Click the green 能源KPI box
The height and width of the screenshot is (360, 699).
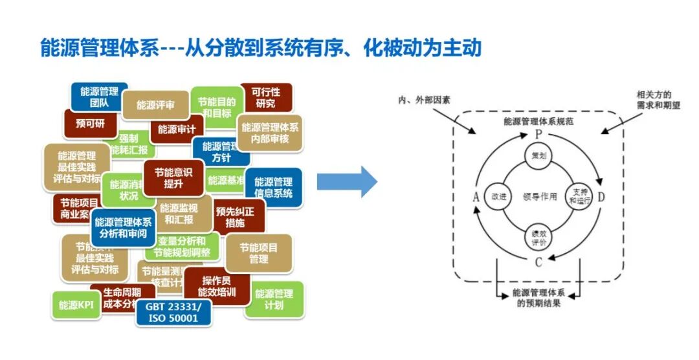pyautogui.click(x=76, y=305)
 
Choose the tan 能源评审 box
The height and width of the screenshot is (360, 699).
pyautogui.click(x=155, y=105)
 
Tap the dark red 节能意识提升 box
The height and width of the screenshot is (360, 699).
pyautogui.click(x=173, y=177)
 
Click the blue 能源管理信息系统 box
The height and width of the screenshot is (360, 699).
pyautogui.click(x=273, y=188)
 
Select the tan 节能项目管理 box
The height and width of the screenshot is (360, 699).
pyautogui.click(x=258, y=253)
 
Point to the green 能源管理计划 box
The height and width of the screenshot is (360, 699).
pyautogui.click(x=274, y=299)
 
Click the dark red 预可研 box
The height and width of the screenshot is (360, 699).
pyautogui.click(x=89, y=123)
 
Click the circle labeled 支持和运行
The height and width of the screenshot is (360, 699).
pyautogui.click(x=578, y=196)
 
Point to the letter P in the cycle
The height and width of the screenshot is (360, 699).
pyautogui.click(x=538, y=133)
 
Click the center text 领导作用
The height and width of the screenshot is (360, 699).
pyautogui.click(x=539, y=197)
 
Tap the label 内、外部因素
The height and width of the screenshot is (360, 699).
pyautogui.click(x=424, y=100)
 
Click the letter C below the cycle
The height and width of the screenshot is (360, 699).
pyautogui.click(x=538, y=262)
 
